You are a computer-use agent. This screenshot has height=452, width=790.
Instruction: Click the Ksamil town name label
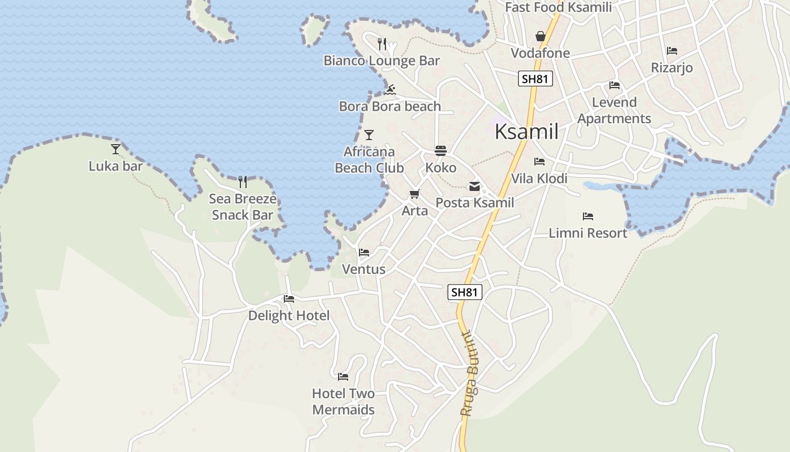[526, 132]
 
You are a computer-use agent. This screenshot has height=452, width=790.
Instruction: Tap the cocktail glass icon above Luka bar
[116, 149]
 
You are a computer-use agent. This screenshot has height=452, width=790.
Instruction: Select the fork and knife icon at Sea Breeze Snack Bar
[243, 181]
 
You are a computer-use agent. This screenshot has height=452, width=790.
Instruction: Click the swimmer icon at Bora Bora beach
[390, 90]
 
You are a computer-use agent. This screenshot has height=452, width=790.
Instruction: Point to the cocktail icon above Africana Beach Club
[369, 134]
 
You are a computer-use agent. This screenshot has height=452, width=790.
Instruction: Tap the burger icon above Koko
[441, 151]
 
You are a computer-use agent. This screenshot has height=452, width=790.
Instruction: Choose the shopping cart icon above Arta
[414, 194]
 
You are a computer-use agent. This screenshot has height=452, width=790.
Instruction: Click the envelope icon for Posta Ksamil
[475, 186]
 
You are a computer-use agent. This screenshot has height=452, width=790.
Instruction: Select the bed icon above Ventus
[364, 252]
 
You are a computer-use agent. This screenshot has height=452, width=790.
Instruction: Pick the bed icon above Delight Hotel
[289, 298]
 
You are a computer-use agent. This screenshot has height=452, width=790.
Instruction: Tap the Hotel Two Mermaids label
[343, 401]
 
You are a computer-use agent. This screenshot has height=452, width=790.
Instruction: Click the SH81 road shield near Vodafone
[535, 79]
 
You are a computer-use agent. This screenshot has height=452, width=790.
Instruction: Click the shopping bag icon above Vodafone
[540, 36]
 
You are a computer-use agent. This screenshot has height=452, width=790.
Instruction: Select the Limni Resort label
[588, 233]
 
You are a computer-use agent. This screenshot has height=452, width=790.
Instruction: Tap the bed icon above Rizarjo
[671, 51]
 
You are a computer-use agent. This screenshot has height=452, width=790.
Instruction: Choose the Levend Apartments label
[614, 110]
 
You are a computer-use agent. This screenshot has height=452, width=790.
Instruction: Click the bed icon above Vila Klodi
[539, 162]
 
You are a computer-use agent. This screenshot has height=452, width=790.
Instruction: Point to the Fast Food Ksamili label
[558, 7]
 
